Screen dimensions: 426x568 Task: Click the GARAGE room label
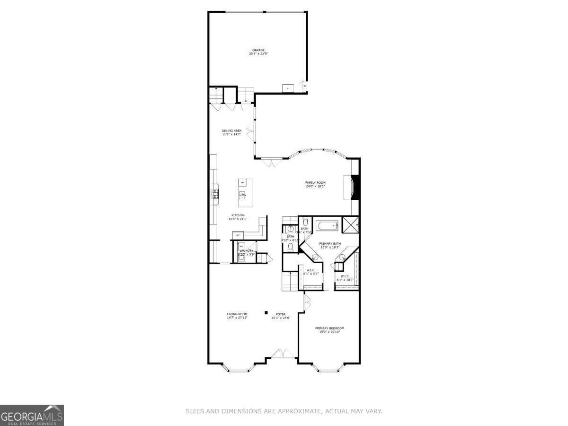tap(258, 50)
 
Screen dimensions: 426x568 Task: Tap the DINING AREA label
tap(232, 131)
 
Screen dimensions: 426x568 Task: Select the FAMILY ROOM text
tap(315, 182)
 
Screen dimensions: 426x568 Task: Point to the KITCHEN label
tap(238, 215)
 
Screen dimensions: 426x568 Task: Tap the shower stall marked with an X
tap(351, 225)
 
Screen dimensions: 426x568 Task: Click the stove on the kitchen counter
tap(215, 193)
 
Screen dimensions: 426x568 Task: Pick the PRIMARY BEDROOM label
tap(329, 328)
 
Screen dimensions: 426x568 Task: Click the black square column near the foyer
tap(266, 312)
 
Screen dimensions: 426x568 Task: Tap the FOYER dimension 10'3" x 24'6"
tap(281, 318)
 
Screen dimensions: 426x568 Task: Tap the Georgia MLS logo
tap(32, 415)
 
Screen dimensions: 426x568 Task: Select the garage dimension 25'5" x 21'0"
tap(258, 54)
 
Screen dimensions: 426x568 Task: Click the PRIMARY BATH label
tap(329, 243)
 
